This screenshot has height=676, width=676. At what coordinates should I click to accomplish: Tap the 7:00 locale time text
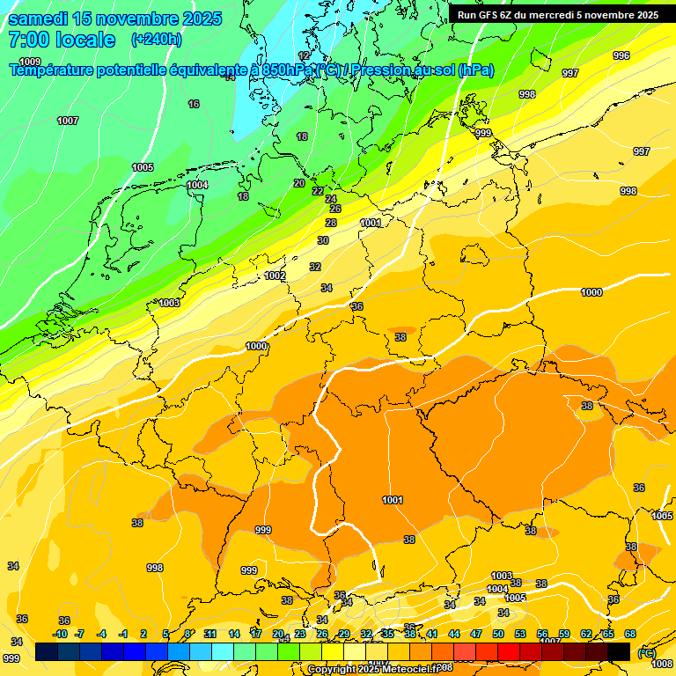[62, 40]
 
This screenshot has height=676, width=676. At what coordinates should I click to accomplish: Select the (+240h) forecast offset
[157, 40]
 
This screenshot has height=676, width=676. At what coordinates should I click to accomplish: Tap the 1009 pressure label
[30, 62]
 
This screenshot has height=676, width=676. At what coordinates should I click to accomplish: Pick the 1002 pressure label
[276, 276]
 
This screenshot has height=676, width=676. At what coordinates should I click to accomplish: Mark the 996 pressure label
[621, 55]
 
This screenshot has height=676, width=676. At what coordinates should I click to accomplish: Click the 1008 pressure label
[662, 664]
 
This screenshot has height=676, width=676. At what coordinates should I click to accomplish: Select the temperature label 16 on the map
[194, 104]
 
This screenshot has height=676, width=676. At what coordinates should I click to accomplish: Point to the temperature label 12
[305, 55]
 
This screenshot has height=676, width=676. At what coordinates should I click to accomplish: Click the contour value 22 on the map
[318, 191]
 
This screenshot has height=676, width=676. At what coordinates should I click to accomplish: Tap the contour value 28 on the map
[331, 223]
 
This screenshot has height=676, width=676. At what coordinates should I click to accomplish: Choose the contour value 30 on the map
[323, 240]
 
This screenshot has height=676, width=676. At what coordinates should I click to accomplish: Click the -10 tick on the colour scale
[60, 634]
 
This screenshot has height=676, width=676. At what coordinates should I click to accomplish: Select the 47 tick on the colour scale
[475, 634]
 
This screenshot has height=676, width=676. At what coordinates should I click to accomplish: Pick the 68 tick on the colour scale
[630, 634]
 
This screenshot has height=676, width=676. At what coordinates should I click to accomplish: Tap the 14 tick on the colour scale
[234, 634]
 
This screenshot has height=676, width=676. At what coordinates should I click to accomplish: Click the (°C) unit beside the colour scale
[645, 653]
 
